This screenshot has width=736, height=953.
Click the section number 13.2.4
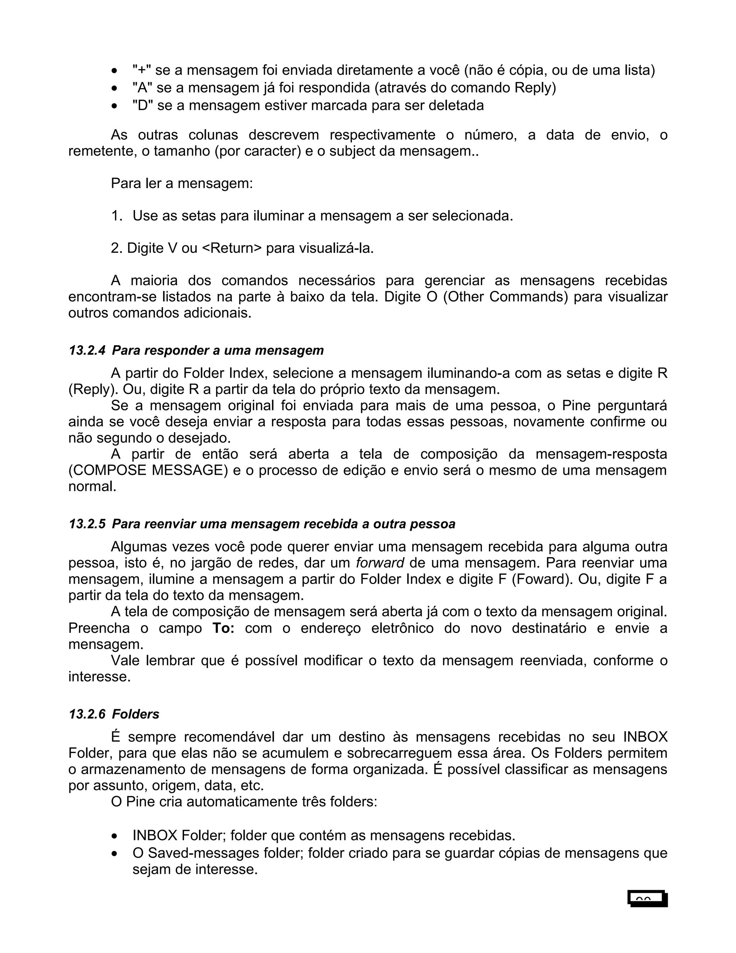(86, 350)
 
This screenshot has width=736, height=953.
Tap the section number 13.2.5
(86, 524)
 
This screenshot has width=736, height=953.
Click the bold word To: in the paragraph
(224, 628)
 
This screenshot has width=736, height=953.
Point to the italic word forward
(380, 563)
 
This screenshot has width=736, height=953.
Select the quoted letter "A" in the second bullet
(142, 88)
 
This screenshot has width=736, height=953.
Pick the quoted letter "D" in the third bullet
(143, 105)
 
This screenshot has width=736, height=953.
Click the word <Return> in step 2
(232, 248)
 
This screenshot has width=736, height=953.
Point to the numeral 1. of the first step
(117, 215)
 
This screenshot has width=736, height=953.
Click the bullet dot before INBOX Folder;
(114, 836)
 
